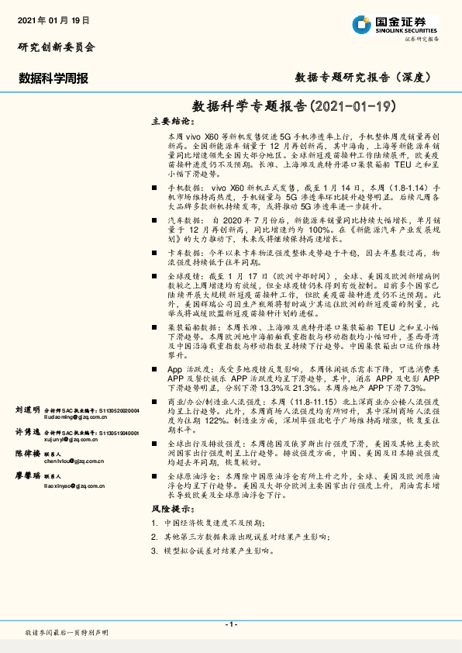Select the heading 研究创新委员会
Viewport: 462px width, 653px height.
click(57, 47)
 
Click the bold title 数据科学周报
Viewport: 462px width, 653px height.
click(53, 78)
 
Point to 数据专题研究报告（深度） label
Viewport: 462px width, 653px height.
click(363, 78)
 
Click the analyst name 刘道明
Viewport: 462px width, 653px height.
click(28, 409)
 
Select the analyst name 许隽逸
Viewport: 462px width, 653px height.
click(28, 432)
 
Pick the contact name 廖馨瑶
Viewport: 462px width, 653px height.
click(28, 475)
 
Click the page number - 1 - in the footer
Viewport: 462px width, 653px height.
click(230, 624)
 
